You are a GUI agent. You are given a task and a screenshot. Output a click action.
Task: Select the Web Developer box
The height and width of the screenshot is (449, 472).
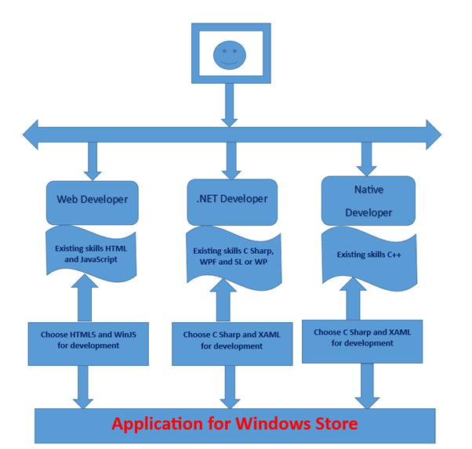(x=92, y=199)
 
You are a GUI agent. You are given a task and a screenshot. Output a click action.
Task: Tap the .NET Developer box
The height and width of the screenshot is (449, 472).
(x=227, y=199)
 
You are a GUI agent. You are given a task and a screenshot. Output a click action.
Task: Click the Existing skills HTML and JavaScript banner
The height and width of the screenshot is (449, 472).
(x=93, y=253)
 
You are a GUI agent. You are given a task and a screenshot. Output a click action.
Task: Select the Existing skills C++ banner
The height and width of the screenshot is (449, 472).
(x=368, y=254)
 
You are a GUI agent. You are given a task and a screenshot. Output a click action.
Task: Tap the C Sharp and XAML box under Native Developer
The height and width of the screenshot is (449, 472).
(x=362, y=338)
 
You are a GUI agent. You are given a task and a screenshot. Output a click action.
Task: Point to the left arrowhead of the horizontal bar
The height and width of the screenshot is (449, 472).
(x=31, y=135)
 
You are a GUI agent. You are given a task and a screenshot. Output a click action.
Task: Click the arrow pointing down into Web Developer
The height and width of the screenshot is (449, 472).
(x=93, y=161)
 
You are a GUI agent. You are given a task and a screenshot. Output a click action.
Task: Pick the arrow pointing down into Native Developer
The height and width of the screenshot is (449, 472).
(x=366, y=159)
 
